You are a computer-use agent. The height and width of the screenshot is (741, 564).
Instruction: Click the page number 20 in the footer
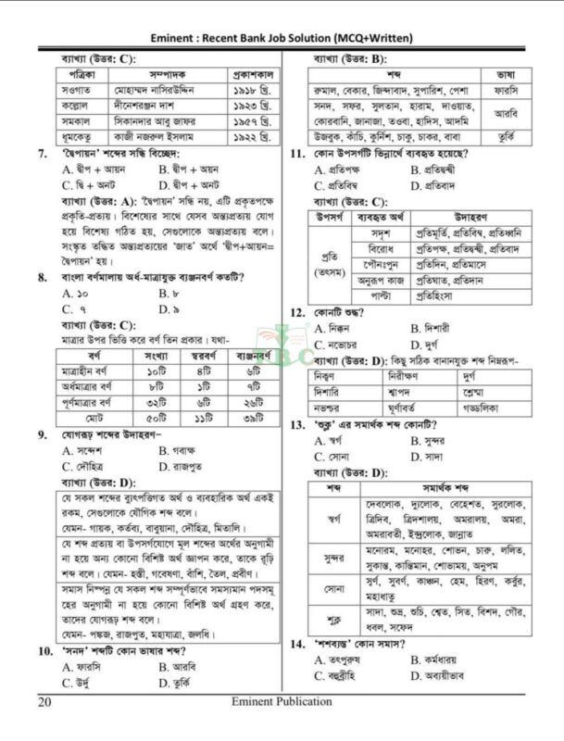(45, 702)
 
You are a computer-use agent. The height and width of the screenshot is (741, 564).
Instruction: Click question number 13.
(298, 425)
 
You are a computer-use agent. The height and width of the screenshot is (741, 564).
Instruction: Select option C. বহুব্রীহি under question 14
(345, 675)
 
